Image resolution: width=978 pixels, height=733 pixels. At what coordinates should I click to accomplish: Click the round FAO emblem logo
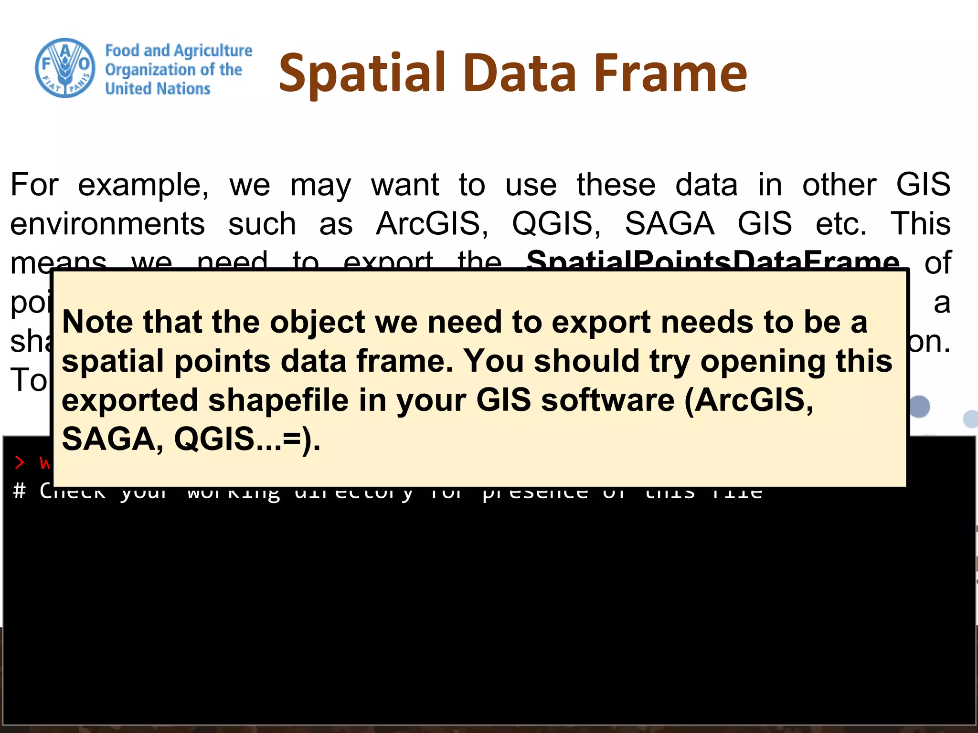tap(65, 68)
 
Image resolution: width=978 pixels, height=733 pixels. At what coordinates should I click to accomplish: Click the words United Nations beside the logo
tap(158, 89)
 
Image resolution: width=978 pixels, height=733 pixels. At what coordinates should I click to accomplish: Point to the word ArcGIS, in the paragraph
tap(432, 223)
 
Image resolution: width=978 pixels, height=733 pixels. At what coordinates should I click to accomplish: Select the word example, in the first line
tap(143, 185)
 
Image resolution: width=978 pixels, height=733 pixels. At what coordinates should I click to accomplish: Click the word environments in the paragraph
tap(107, 223)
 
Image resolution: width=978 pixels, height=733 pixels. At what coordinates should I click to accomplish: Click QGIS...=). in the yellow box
tap(246, 439)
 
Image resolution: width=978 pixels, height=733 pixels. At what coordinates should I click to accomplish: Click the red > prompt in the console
tap(20, 462)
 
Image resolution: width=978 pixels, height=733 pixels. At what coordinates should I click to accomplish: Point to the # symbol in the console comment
tap(19, 491)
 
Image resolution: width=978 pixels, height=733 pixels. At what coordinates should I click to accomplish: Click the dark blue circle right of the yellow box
tap(919, 407)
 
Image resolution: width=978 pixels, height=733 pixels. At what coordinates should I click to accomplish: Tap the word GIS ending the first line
tap(923, 185)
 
